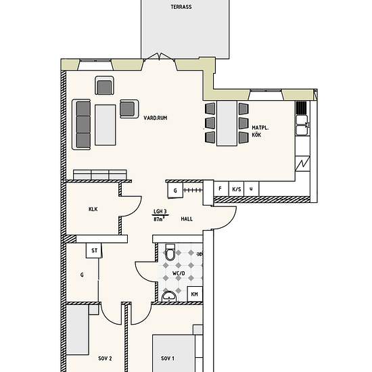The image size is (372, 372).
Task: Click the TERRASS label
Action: click(181, 7)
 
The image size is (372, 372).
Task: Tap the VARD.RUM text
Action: click(156, 118)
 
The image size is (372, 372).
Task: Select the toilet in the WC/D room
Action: click(170, 252)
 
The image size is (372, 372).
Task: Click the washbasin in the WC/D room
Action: click(169, 296)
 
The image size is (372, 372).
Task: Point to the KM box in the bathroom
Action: click(195, 294)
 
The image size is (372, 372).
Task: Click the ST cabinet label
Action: click(95, 250)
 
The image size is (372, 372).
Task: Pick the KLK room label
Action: click(93, 209)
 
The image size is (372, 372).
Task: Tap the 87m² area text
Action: click(159, 219)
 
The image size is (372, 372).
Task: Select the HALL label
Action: click(187, 219)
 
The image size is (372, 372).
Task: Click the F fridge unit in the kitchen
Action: click(221, 189)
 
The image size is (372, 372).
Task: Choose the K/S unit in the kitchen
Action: click(236, 189)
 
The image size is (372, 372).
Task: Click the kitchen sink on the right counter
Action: click(302, 125)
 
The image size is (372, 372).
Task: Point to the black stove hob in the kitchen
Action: click(301, 108)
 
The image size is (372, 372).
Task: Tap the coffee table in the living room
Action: click(106, 125)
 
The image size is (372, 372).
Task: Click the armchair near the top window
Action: click(104, 85)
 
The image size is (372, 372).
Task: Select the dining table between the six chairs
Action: click(227, 123)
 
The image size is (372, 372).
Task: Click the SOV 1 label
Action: click(168, 358)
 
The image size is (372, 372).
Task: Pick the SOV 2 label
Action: click(105, 358)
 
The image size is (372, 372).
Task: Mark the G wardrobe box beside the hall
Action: click(175, 190)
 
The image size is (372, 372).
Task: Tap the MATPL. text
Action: click(260, 128)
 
